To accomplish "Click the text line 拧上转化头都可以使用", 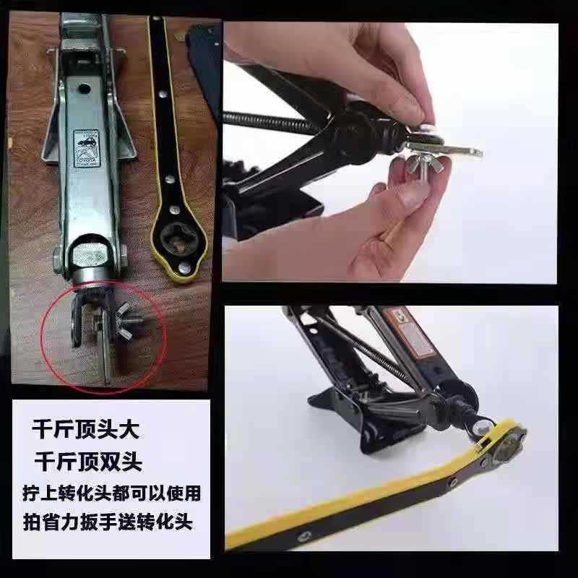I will [108, 493].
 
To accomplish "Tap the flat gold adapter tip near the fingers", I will [462, 151].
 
